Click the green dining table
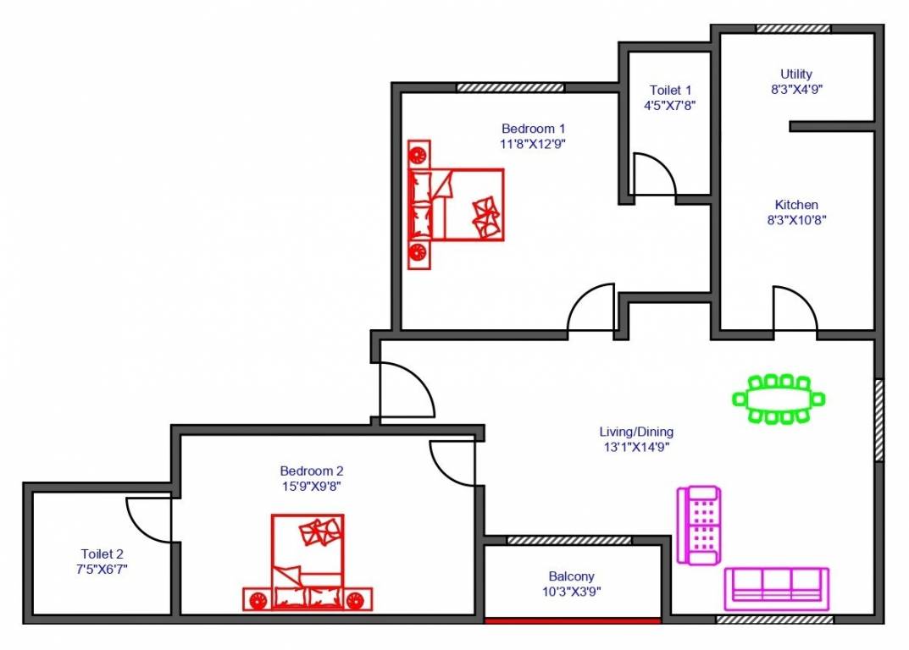click(x=779, y=399)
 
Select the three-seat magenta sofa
click(x=776, y=588)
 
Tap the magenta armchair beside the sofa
click(x=699, y=525)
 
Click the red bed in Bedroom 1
click(x=457, y=205)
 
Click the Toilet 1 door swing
click(x=653, y=175)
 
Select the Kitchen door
click(x=795, y=310)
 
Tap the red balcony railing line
click(x=572, y=620)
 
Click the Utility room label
click(x=796, y=74)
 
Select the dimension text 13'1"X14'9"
click(x=636, y=447)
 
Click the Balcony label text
click(x=571, y=576)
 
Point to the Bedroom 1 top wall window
click(x=510, y=87)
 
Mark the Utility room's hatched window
click(x=793, y=29)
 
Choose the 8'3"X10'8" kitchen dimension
click(x=796, y=220)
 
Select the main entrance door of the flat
click(x=406, y=391)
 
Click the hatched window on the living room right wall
click(x=879, y=420)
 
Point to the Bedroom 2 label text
click(x=312, y=471)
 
